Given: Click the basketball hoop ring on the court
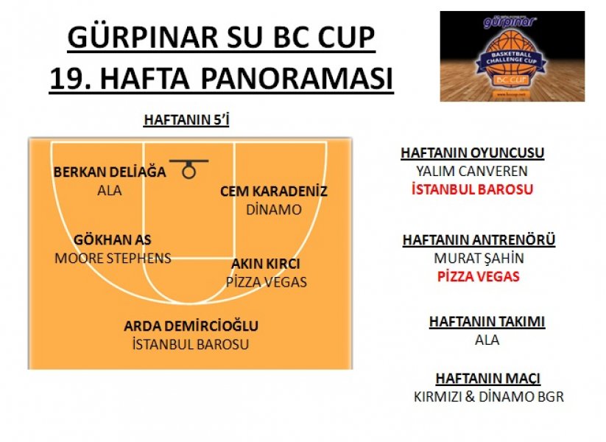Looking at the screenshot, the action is pos(189,166).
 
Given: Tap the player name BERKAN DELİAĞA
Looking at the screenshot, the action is pos(110,172).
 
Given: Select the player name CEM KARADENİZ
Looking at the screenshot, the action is pos(274,191).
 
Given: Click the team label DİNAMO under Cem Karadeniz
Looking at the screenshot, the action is pos(274,210).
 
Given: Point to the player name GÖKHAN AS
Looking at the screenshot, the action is pos(113,239).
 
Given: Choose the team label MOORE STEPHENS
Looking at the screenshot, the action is pos(113,258).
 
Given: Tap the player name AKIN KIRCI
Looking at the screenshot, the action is pos(266,264).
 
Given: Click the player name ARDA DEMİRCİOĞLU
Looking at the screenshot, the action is pos(191,326).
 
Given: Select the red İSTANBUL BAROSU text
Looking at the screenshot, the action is pos(472,189).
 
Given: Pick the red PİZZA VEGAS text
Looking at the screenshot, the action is pos(479,276).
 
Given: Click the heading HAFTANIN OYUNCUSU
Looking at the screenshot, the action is pos(472,152).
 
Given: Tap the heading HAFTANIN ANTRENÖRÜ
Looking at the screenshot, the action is pos(479,239).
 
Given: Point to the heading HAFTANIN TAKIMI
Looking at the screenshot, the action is pos(487,322).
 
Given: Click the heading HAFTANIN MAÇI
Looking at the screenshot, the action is pos(487,378).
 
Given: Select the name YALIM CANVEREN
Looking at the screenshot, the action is pos(472,171).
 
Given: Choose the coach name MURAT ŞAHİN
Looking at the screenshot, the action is pos(479,258).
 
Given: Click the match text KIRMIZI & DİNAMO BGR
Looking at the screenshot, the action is pos(488,397).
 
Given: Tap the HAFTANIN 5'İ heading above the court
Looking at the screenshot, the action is pos(186,120).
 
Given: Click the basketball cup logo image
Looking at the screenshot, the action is pos(512,56).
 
